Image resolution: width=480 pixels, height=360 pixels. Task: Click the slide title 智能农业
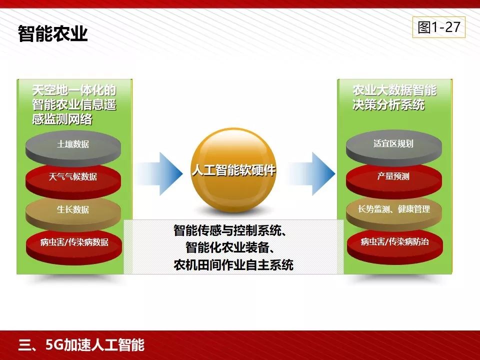point(52,34)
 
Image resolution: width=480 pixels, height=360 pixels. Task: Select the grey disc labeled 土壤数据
point(73,144)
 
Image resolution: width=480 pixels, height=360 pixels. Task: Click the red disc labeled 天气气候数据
point(73,176)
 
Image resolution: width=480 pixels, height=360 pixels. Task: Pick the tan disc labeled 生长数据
point(73,209)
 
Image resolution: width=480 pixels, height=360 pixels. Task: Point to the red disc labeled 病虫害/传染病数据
point(74,243)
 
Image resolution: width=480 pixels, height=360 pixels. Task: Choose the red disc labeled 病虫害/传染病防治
point(394,242)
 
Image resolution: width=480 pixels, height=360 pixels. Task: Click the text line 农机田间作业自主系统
point(233,264)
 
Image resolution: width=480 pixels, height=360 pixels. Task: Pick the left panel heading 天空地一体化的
point(74,90)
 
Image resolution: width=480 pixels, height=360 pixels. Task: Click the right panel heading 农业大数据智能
point(394,90)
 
